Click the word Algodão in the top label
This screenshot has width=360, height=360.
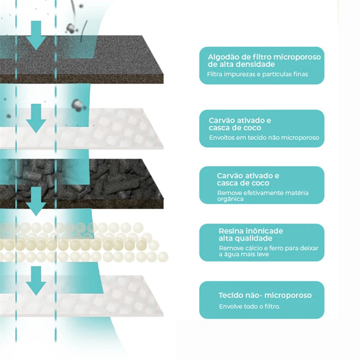point(223,57)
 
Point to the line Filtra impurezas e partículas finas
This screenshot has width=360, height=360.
point(257,74)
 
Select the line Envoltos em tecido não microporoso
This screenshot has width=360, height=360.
point(264,137)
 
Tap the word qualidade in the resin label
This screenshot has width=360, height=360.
point(243,238)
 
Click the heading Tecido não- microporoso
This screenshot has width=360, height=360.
point(265,295)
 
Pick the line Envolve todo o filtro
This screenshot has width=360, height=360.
point(249,306)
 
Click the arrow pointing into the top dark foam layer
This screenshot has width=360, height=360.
point(36,35)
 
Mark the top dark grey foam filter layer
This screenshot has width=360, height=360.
point(90,58)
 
